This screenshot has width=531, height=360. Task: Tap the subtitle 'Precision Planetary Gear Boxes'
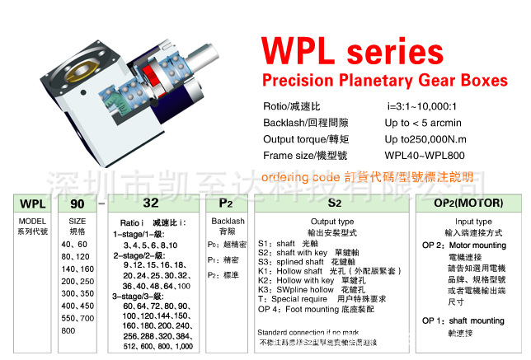click(384, 81)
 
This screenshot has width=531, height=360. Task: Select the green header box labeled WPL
click(32, 203)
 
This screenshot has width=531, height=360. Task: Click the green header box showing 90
click(77, 203)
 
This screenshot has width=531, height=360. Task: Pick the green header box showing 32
click(152, 203)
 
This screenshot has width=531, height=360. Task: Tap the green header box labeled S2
click(334, 203)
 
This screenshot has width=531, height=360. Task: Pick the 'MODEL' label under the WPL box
click(32, 222)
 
